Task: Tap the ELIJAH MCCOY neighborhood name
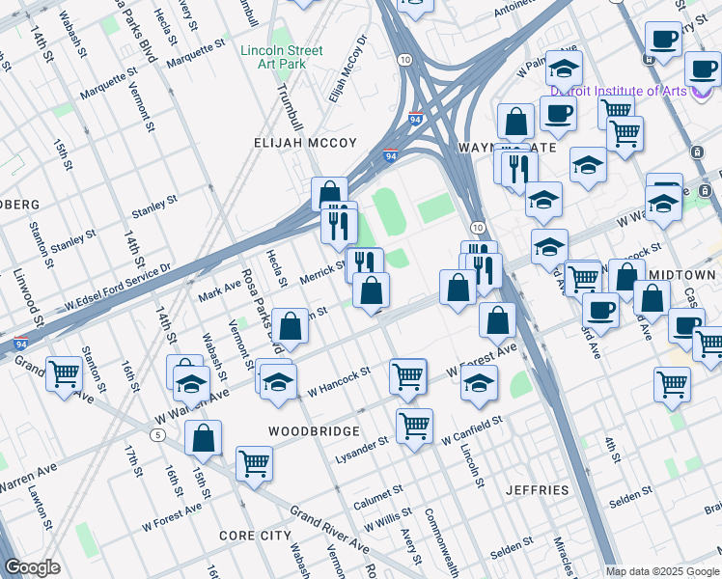[x=305, y=143]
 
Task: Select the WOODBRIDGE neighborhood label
[x=314, y=430]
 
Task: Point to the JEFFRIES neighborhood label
[x=537, y=490]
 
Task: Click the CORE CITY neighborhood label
[x=255, y=535]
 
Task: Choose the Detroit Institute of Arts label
[x=618, y=91]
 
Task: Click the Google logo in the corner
[x=32, y=567]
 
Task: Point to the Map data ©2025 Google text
[x=662, y=570]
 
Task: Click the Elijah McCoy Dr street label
[x=348, y=69]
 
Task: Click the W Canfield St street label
[x=472, y=430]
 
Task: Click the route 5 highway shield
[x=156, y=435]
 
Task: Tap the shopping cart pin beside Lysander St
[x=414, y=425]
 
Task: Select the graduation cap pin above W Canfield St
[x=480, y=382]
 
